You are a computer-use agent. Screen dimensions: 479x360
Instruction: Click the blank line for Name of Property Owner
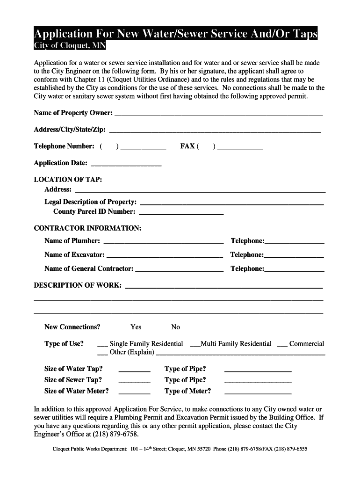(x=218, y=114)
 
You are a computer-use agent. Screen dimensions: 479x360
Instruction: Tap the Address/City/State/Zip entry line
(x=215, y=131)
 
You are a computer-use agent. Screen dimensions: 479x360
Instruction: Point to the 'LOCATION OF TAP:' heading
(x=68, y=180)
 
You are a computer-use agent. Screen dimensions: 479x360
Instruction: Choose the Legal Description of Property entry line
(x=232, y=203)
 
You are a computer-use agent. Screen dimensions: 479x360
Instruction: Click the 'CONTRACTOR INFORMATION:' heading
(x=87, y=228)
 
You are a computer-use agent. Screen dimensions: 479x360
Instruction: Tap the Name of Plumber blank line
(x=163, y=242)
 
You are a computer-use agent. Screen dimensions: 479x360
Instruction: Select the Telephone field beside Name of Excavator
(x=294, y=256)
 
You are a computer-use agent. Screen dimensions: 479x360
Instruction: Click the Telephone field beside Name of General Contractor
(x=294, y=270)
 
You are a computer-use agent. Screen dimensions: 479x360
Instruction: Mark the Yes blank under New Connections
(x=123, y=328)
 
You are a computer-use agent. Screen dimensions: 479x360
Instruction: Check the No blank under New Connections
(x=164, y=328)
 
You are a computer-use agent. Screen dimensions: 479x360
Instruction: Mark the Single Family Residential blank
(x=102, y=345)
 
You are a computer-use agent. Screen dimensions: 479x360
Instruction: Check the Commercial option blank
(x=282, y=345)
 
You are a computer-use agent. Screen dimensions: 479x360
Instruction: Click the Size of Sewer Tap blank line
(x=134, y=381)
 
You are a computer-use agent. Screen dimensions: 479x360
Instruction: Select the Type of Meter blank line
(x=258, y=392)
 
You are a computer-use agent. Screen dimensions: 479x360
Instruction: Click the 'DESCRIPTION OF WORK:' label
(x=78, y=285)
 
